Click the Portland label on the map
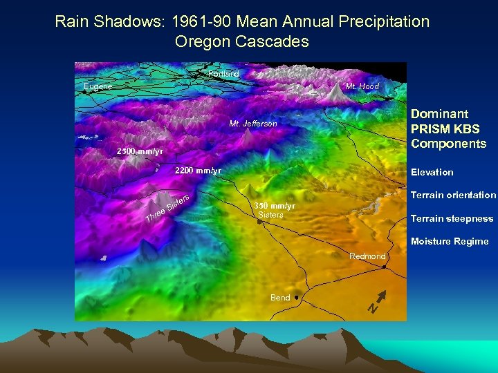pyautogui.click(x=223, y=74)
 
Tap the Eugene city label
pyautogui.click(x=98, y=86)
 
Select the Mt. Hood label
pyautogui.click(x=362, y=86)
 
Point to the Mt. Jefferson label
pyautogui.click(x=252, y=124)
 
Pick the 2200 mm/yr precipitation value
pyautogui.click(x=198, y=171)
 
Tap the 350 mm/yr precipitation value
pyautogui.click(x=275, y=206)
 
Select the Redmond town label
pyautogui.click(x=367, y=256)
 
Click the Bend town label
pyautogui.click(x=280, y=298)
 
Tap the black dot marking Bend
pyautogui.click(x=296, y=297)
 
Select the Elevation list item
pyautogui.click(x=432, y=172)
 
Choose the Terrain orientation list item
pyautogui.click(x=453, y=195)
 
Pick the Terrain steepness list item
pyautogui.click(x=452, y=218)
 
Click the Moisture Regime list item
pyautogui.click(x=449, y=241)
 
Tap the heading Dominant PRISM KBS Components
pyautogui.click(x=448, y=128)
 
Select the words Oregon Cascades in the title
pyautogui.click(x=241, y=41)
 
